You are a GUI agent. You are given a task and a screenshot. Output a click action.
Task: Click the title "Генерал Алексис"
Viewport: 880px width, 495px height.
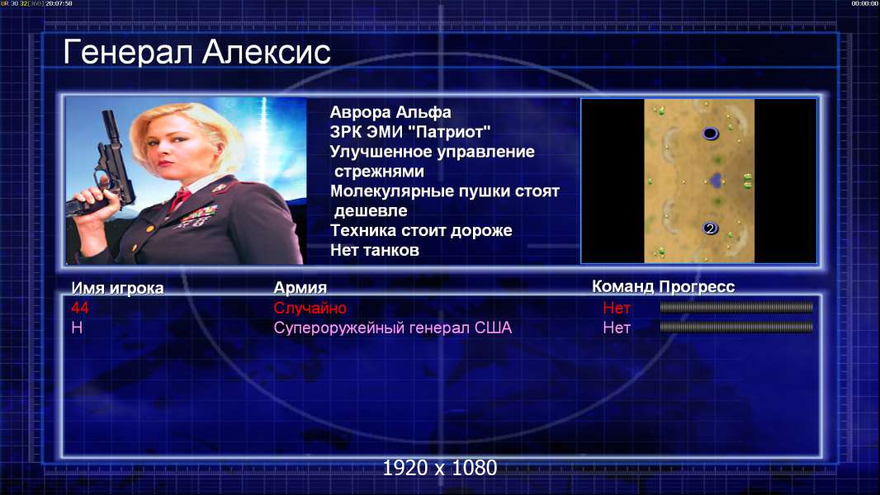tap(197, 52)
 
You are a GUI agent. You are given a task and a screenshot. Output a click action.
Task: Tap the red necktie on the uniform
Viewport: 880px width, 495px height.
tap(181, 198)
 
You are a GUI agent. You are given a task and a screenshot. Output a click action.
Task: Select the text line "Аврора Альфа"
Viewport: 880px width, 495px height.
tap(390, 112)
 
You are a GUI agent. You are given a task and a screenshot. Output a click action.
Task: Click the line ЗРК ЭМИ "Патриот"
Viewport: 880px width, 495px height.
tap(410, 132)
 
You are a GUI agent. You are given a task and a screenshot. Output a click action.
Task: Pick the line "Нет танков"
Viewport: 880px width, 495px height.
tap(374, 250)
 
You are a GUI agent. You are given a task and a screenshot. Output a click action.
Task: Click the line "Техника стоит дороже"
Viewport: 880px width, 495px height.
tap(421, 230)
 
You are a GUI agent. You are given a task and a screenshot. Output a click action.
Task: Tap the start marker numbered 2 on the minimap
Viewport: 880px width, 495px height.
tap(710, 229)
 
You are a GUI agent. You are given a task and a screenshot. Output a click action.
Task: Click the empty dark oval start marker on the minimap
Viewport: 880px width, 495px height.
tap(710, 134)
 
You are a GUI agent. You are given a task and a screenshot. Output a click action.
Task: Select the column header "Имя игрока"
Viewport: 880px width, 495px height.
tap(117, 288)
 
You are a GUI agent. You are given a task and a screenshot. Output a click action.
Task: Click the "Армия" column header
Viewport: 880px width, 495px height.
tap(300, 288)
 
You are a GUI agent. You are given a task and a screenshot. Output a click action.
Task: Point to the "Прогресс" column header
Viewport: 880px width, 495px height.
tap(697, 286)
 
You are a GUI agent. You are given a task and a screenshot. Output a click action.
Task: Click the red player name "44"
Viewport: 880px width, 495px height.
tap(80, 307)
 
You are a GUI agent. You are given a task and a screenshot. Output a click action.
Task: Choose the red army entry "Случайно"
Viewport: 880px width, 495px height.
tap(310, 308)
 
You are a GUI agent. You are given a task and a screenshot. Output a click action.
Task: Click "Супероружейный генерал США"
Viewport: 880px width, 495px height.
tap(392, 328)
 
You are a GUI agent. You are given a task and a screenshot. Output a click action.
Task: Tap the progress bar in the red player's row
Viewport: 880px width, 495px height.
tap(736, 307)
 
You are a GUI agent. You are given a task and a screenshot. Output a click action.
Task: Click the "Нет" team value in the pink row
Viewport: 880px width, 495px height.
tap(616, 328)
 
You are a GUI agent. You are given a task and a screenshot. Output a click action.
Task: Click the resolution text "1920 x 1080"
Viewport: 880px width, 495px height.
tap(439, 468)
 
